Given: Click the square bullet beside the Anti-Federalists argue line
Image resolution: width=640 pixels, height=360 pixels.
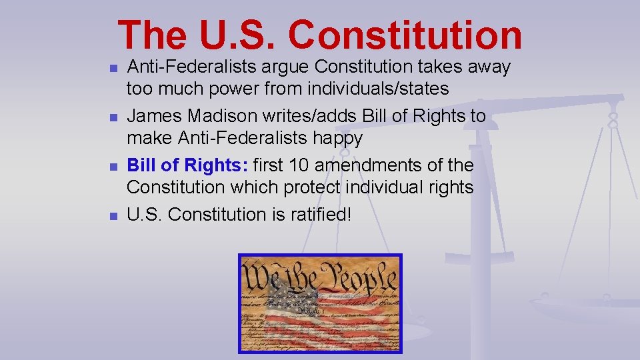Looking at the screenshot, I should [113, 68].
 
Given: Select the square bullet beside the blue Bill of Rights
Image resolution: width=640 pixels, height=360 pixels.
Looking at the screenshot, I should [113, 166].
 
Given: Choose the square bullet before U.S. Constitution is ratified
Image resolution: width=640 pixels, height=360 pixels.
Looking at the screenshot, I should [113, 216].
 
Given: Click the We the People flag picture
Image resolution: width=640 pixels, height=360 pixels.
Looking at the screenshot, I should [321, 303].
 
